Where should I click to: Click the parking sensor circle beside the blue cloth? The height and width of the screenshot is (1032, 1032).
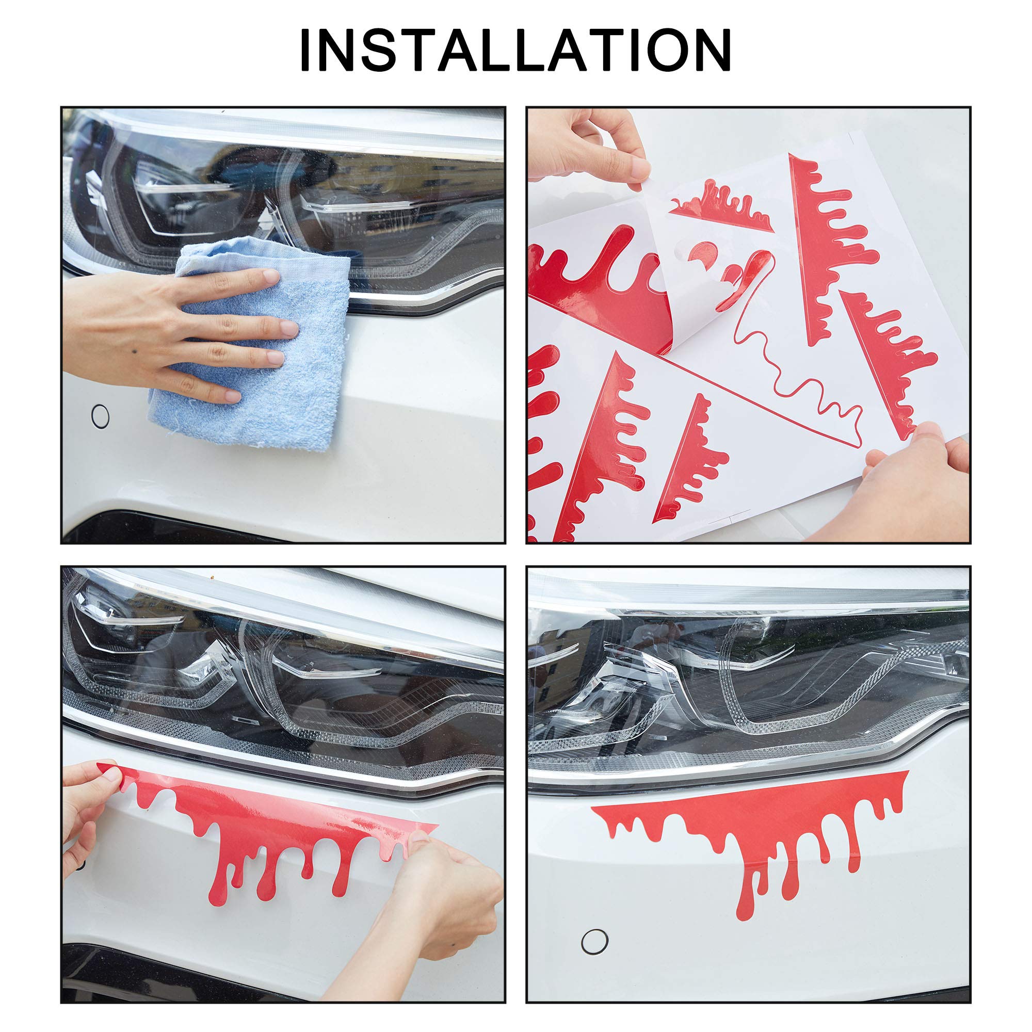[x=100, y=415]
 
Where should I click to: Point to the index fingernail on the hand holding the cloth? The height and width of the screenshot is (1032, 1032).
[x=271, y=277]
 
